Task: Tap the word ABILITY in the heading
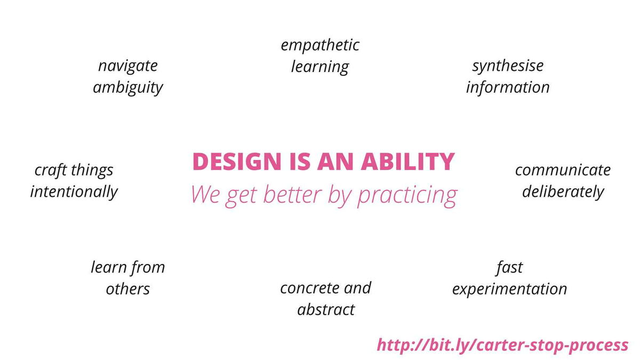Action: click(407, 162)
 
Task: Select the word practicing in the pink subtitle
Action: click(407, 195)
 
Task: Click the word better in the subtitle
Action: click(292, 194)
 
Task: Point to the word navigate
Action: click(127, 67)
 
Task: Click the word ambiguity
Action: click(127, 87)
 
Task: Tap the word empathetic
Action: click(320, 45)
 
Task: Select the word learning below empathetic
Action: click(320, 67)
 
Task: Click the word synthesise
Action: click(508, 66)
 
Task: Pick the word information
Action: click(508, 87)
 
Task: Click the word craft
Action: click(51, 170)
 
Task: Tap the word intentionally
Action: click(74, 191)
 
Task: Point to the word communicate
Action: click(563, 170)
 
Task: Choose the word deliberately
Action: click(563, 191)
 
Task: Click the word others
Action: click(127, 289)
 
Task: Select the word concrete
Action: click(309, 289)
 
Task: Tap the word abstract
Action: click(326, 310)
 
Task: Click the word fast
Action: click(509, 268)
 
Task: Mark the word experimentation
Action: click(509, 289)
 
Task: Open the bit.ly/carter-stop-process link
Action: click(502, 345)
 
